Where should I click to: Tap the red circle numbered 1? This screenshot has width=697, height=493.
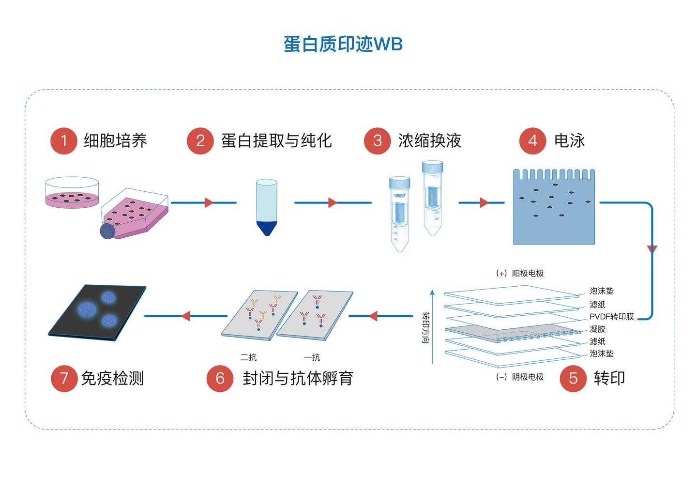click(64, 141)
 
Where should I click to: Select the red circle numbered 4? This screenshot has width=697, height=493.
click(532, 141)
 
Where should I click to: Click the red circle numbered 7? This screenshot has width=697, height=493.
click(64, 378)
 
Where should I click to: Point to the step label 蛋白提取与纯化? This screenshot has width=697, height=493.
click(276, 141)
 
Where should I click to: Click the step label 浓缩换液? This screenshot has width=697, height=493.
click(429, 141)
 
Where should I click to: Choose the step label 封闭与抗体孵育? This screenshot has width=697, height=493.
click(298, 378)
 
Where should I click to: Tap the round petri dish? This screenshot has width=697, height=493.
click(72, 193)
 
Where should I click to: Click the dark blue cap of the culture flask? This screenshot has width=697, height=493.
click(107, 231)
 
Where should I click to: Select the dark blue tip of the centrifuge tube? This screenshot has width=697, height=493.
click(267, 228)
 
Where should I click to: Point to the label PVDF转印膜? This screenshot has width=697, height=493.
click(611, 317)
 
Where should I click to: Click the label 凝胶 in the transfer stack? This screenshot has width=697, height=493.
click(597, 329)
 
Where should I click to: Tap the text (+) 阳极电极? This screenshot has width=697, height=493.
click(520, 273)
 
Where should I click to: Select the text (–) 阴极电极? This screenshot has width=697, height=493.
click(520, 377)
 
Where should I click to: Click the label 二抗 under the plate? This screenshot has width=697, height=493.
click(248, 357)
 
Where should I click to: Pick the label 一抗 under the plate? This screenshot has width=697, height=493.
click(312, 357)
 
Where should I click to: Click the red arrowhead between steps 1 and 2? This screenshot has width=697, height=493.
click(209, 202)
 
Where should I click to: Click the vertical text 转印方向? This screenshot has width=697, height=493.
click(425, 327)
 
